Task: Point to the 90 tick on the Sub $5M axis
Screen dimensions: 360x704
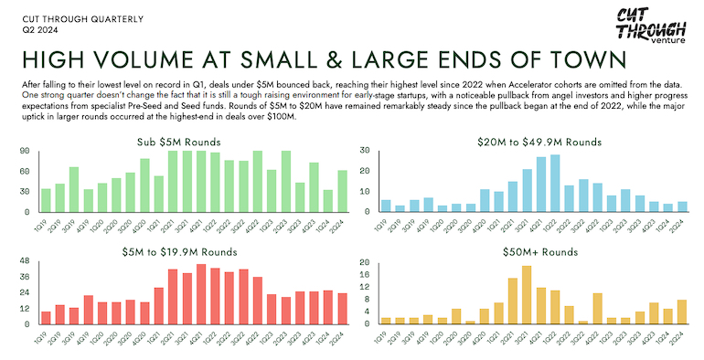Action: click(x=24, y=151)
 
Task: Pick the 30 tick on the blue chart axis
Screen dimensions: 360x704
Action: click(x=364, y=151)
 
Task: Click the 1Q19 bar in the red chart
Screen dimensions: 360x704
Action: click(x=46, y=317)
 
